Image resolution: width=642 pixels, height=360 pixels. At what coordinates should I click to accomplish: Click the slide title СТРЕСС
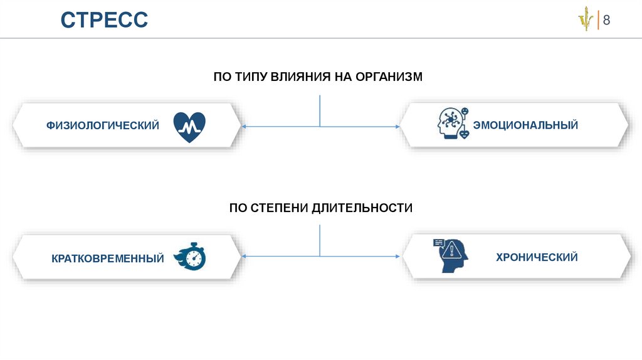[x=104, y=19]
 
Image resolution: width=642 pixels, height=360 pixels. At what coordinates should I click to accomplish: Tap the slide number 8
[x=606, y=20]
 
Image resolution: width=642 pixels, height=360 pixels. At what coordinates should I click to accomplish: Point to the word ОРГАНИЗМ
[x=389, y=77]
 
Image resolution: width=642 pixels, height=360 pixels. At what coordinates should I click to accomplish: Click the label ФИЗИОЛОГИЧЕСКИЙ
[x=102, y=126]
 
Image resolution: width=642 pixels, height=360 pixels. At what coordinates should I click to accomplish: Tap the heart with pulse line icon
[x=189, y=127]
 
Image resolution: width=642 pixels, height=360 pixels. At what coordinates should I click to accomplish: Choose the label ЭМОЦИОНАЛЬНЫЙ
[x=525, y=126]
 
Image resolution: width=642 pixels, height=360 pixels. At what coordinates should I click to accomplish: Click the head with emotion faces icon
[x=453, y=124]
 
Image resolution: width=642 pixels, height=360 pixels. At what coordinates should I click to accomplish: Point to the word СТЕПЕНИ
[x=278, y=208]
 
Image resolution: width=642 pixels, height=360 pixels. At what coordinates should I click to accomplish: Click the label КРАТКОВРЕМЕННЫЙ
[x=108, y=258]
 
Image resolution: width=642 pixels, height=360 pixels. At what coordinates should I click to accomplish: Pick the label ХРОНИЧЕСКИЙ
[x=537, y=257]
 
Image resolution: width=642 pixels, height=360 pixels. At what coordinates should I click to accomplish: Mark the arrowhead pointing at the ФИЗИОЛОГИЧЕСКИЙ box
[x=244, y=127]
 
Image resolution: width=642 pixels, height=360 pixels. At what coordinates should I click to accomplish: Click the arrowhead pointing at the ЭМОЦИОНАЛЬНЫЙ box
[x=397, y=127]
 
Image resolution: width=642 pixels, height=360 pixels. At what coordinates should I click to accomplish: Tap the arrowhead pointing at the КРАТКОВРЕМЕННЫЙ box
[x=244, y=257]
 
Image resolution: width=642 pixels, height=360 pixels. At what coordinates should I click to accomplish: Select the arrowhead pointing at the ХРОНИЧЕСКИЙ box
[x=397, y=257]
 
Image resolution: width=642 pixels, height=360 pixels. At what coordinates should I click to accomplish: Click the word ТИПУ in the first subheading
[x=251, y=77]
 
